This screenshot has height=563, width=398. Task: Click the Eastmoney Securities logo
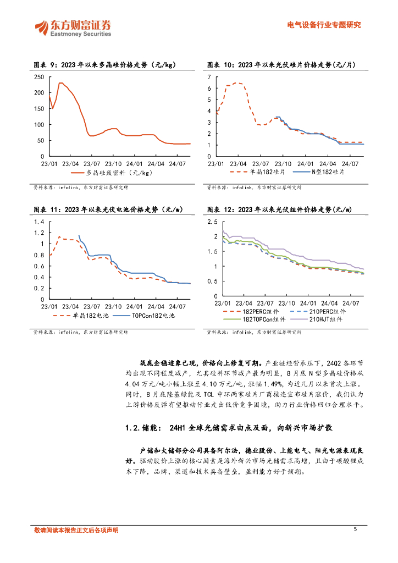click(74, 27)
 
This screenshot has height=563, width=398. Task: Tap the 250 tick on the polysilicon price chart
click(38, 76)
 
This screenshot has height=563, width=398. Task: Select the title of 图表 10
click(281, 64)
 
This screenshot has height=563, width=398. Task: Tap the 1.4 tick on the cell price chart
click(38, 222)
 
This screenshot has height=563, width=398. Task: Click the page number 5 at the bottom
click(356, 529)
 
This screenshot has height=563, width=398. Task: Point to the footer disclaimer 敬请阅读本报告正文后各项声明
click(76, 531)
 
